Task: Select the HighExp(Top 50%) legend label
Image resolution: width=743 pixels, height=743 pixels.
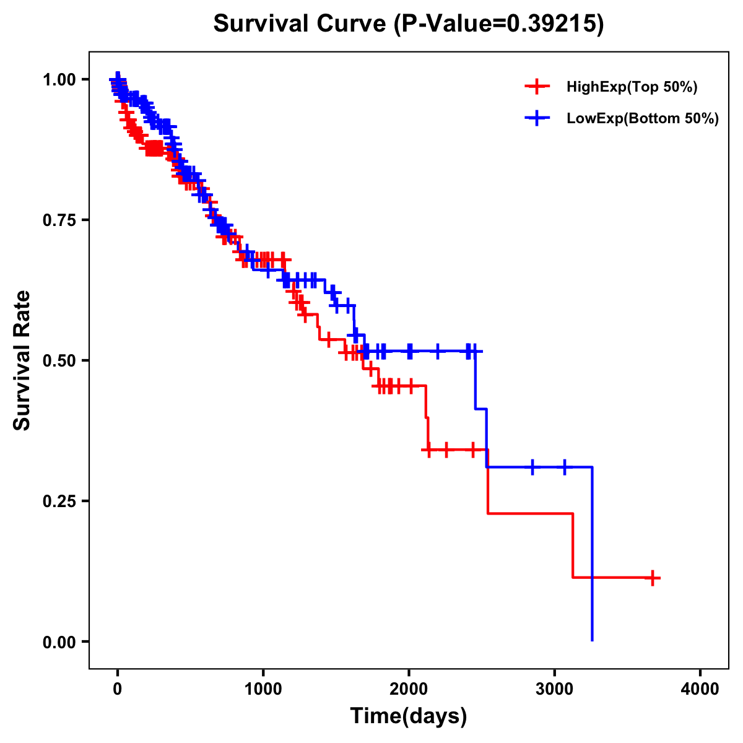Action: click(x=632, y=87)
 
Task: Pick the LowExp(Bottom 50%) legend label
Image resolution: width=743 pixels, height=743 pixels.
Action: click(x=643, y=119)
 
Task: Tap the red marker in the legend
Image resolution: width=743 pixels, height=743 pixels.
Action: click(x=537, y=87)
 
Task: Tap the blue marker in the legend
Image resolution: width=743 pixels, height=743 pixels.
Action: click(x=537, y=118)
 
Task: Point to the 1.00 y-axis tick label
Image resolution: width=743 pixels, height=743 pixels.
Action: click(x=59, y=79)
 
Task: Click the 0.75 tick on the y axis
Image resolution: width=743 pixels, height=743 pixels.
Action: click(x=59, y=220)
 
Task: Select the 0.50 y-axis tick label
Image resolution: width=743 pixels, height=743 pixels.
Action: click(x=59, y=360)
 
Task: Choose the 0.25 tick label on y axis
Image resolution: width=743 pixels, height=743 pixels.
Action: click(x=59, y=501)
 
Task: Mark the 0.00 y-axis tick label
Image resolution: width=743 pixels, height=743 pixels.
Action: click(x=59, y=641)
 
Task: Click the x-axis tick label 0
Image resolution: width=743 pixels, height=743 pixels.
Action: click(x=118, y=689)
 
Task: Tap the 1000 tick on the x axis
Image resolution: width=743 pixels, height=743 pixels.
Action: click(x=263, y=689)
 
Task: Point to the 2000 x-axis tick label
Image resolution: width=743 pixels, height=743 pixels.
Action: click(x=409, y=689)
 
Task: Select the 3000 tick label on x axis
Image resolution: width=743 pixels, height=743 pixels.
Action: click(x=554, y=689)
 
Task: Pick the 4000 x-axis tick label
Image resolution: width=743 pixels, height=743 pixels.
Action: click(x=700, y=689)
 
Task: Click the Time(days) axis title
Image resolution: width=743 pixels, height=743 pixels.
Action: click(x=409, y=716)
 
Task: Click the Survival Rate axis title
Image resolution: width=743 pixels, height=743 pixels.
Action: click(x=22, y=360)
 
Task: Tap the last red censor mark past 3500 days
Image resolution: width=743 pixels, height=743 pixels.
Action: click(x=651, y=578)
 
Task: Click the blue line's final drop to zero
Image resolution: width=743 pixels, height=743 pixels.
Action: click(x=593, y=557)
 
